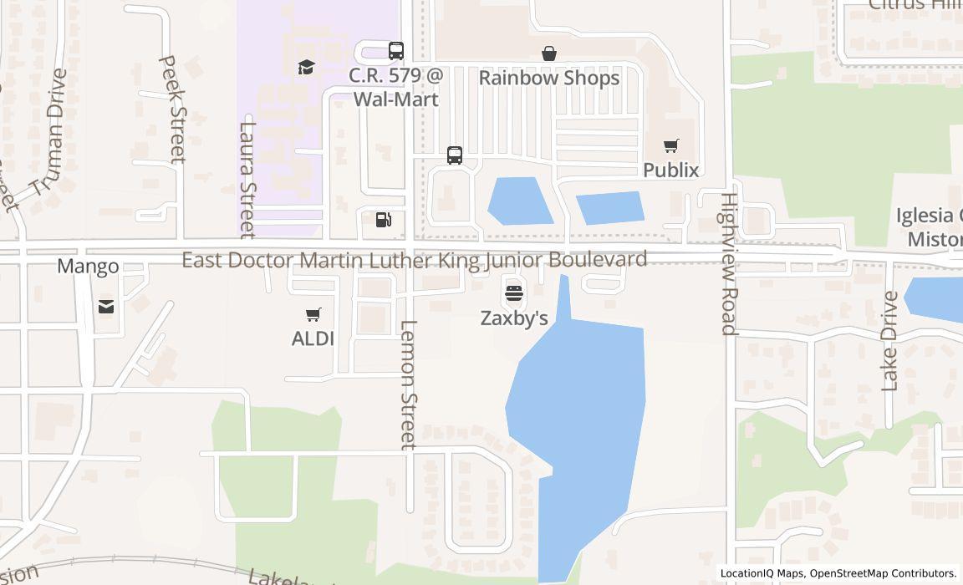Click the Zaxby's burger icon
click(513, 293)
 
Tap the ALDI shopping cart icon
click(313, 315)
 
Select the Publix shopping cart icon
click(670, 146)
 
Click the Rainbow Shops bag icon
click(549, 53)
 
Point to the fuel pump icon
click(383, 220)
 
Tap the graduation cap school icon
click(306, 67)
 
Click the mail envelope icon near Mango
click(106, 307)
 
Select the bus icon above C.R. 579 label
click(396, 50)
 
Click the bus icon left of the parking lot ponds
click(455, 155)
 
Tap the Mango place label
click(88, 267)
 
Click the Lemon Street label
click(408, 384)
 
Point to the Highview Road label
click(729, 264)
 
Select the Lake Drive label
click(889, 340)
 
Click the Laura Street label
click(247, 180)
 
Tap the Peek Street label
click(171, 109)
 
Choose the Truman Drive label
click(48, 132)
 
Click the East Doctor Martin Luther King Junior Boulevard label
click(415, 260)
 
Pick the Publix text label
click(670, 170)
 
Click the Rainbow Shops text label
click(549, 78)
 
